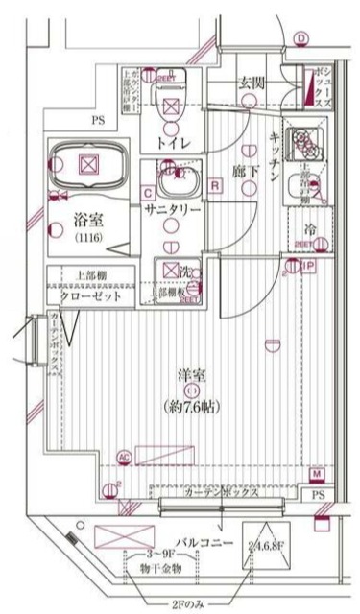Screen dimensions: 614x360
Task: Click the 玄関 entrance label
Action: pos(252,83)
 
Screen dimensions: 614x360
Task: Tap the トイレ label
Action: pos(174,142)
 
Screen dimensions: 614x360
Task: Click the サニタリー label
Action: pos(172,208)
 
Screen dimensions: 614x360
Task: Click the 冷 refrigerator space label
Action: pos(310,230)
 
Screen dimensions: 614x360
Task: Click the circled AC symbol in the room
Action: pos(123,457)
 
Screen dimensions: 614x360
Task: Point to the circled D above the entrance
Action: pos(300,39)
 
